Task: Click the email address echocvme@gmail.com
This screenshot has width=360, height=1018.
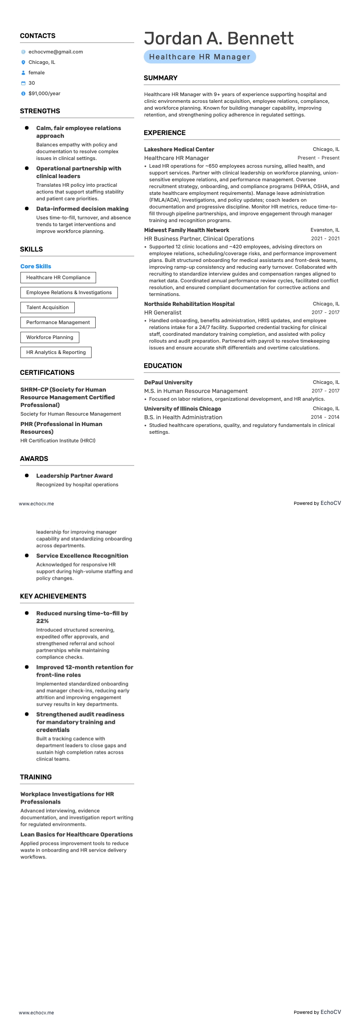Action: pyautogui.click(x=55, y=52)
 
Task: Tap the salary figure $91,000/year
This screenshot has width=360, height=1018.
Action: pyautogui.click(x=44, y=93)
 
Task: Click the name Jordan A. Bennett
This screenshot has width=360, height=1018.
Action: pyautogui.click(x=219, y=38)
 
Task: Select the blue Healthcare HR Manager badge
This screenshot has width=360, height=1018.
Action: pyautogui.click(x=199, y=57)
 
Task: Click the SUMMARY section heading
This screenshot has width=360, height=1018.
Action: pyautogui.click(x=161, y=78)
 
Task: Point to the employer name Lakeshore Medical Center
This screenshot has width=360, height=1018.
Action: pyautogui.click(x=179, y=149)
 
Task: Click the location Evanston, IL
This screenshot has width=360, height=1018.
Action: pyautogui.click(x=325, y=230)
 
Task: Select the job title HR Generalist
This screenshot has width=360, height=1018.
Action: pyautogui.click(x=163, y=312)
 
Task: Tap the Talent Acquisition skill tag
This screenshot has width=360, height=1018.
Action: pyautogui.click(x=48, y=307)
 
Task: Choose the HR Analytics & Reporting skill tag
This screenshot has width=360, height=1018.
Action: pyautogui.click(x=56, y=352)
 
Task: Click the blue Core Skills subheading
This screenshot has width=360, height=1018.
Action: pyautogui.click(x=36, y=266)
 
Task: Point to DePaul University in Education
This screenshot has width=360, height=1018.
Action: pyautogui.click(x=168, y=382)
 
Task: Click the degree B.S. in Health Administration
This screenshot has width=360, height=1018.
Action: pyautogui.click(x=183, y=417)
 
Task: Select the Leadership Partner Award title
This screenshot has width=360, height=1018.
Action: pyautogui.click(x=74, y=475)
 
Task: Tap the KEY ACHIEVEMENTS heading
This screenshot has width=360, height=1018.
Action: pyautogui.click(x=53, y=596)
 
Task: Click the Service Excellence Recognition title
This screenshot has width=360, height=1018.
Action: pyautogui.click(x=82, y=556)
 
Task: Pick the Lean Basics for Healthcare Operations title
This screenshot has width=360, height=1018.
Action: pyautogui.click(x=77, y=834)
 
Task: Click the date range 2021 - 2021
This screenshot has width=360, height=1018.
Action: pyautogui.click(x=325, y=238)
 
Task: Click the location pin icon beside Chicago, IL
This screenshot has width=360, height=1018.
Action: pyautogui.click(x=24, y=62)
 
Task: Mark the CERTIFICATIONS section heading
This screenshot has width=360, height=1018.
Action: pyautogui.click(x=47, y=372)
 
